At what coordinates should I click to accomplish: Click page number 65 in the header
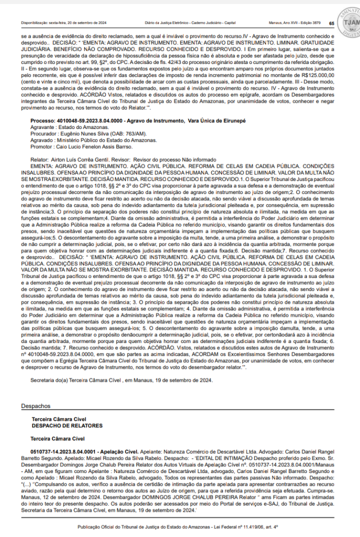click(332, 23)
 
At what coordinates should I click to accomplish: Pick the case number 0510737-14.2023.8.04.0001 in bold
click(62, 450)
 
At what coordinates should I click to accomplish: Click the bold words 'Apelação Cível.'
click(117, 450)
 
